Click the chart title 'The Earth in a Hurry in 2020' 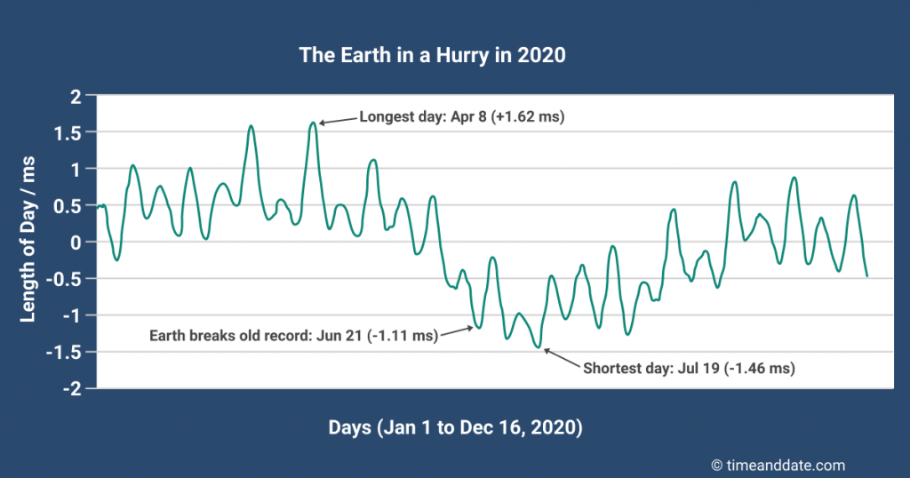433,55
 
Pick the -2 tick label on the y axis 71,388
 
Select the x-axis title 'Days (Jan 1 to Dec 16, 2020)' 455,427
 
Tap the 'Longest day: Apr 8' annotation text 428,116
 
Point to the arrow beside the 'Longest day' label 338,120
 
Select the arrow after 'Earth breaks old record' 457,331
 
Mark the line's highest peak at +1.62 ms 313,123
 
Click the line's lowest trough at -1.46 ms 537,347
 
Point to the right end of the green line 866,276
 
